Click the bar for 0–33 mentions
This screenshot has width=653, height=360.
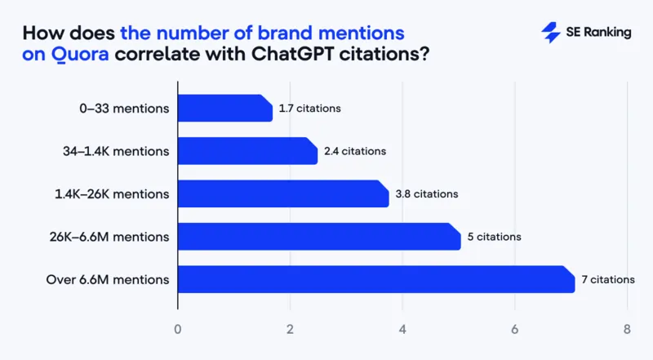(x=224, y=109)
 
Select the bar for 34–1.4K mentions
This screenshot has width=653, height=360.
(x=247, y=151)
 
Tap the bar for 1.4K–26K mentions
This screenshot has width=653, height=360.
(x=282, y=193)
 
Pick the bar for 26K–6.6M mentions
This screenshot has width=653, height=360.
(x=318, y=237)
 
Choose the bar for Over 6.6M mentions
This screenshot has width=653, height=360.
(x=375, y=279)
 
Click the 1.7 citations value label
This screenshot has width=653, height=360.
(x=309, y=109)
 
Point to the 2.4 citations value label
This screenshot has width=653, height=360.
(x=354, y=151)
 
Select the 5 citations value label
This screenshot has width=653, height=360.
(x=494, y=237)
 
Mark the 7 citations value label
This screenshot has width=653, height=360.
(x=607, y=279)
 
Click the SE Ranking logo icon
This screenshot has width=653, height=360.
(x=550, y=33)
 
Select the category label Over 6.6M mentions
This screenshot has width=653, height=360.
(x=108, y=280)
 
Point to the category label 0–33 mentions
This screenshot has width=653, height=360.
(x=121, y=109)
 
